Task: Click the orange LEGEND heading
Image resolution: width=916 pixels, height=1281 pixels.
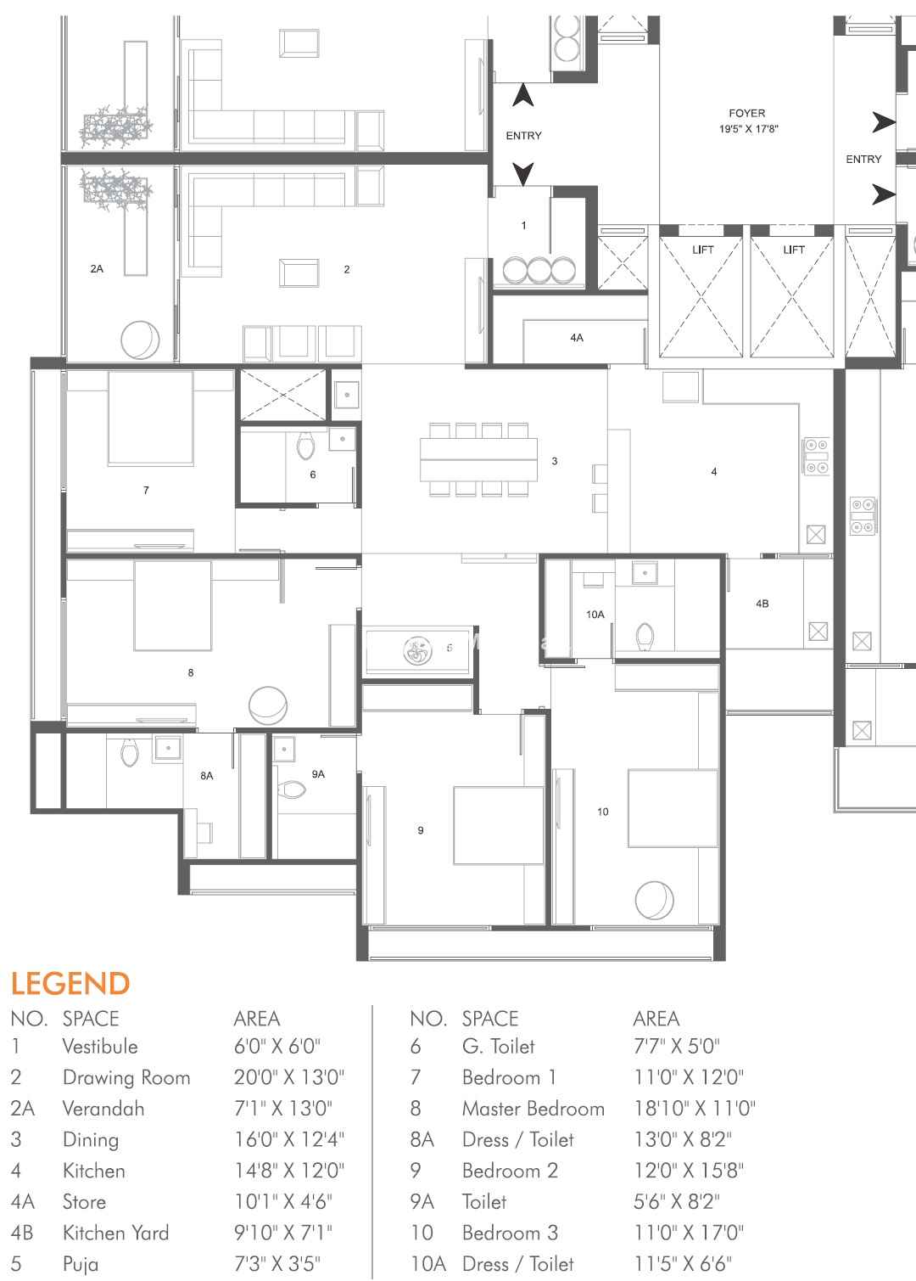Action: click(x=70, y=984)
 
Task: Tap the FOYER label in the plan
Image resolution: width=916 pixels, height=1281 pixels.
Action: click(x=746, y=113)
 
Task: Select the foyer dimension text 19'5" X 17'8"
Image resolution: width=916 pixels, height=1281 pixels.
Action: click(x=749, y=129)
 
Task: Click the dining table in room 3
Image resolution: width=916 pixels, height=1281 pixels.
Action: click(x=478, y=458)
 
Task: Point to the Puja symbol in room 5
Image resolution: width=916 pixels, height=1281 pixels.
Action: click(x=418, y=650)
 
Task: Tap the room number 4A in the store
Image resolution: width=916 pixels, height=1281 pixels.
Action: click(x=577, y=338)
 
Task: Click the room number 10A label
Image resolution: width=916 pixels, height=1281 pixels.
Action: click(x=595, y=615)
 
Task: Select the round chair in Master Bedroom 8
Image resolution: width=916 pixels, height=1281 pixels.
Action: click(x=268, y=705)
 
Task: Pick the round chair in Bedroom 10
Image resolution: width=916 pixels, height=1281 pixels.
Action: click(x=654, y=900)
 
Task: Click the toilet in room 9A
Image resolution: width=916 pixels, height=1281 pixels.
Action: click(x=292, y=789)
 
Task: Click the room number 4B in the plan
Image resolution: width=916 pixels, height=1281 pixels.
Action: click(x=762, y=604)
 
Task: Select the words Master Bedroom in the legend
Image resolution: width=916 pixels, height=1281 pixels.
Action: click(x=533, y=1109)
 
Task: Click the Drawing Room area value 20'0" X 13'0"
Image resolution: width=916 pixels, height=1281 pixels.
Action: click(x=289, y=1077)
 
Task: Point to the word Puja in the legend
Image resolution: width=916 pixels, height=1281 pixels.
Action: click(x=81, y=1264)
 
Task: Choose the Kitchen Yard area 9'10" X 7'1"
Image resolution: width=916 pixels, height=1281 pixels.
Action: click(x=282, y=1233)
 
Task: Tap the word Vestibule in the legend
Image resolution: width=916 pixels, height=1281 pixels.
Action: click(x=100, y=1046)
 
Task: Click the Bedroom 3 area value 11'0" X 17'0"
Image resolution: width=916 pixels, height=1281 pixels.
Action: click(x=689, y=1233)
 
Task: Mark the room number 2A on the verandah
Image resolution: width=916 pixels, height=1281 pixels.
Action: click(x=97, y=268)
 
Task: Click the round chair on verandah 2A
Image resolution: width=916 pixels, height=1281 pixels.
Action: click(x=140, y=340)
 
